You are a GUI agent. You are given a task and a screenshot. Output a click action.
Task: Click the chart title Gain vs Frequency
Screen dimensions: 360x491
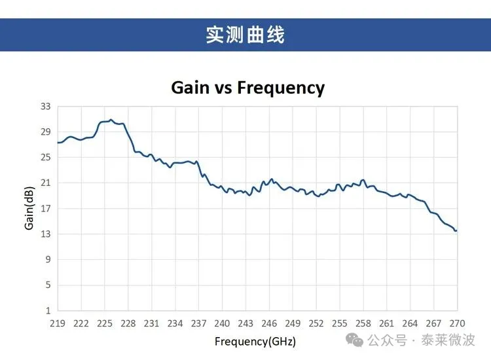247,87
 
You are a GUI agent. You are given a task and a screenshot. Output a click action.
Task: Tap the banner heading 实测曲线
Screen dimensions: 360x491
245,35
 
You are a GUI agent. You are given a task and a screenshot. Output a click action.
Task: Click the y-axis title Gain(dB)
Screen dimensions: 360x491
29,208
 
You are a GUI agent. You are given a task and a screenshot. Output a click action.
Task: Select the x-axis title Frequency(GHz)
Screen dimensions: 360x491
255,341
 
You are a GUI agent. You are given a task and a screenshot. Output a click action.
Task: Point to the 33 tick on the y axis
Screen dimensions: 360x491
45,106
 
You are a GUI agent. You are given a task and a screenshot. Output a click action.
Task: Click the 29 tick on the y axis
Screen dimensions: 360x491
45,132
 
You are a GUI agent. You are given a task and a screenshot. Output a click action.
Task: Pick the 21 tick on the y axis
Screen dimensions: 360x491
45,183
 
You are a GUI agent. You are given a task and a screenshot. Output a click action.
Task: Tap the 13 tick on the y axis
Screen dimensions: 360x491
45,234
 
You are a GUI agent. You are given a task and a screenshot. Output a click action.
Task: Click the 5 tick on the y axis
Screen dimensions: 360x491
47,285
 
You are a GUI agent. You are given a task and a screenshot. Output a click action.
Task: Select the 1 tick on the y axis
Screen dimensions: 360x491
47,310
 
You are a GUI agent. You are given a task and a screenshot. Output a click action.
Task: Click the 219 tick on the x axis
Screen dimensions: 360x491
58,323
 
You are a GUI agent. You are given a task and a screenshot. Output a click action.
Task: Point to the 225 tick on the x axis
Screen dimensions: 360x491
105,323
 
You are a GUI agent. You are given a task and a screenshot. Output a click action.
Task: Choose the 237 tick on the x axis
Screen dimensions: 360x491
198,323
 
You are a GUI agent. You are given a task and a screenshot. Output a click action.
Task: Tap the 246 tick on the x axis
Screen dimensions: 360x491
269,323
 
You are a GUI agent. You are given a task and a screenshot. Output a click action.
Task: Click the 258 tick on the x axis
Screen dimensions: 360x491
363,323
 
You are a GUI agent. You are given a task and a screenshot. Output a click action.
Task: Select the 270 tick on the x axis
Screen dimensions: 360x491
457,323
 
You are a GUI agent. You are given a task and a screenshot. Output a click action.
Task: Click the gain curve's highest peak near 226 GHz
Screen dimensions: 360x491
111,120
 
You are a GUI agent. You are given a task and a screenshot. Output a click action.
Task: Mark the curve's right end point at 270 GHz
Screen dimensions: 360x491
456,230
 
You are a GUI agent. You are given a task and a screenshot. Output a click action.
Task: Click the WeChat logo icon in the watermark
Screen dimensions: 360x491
354,340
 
